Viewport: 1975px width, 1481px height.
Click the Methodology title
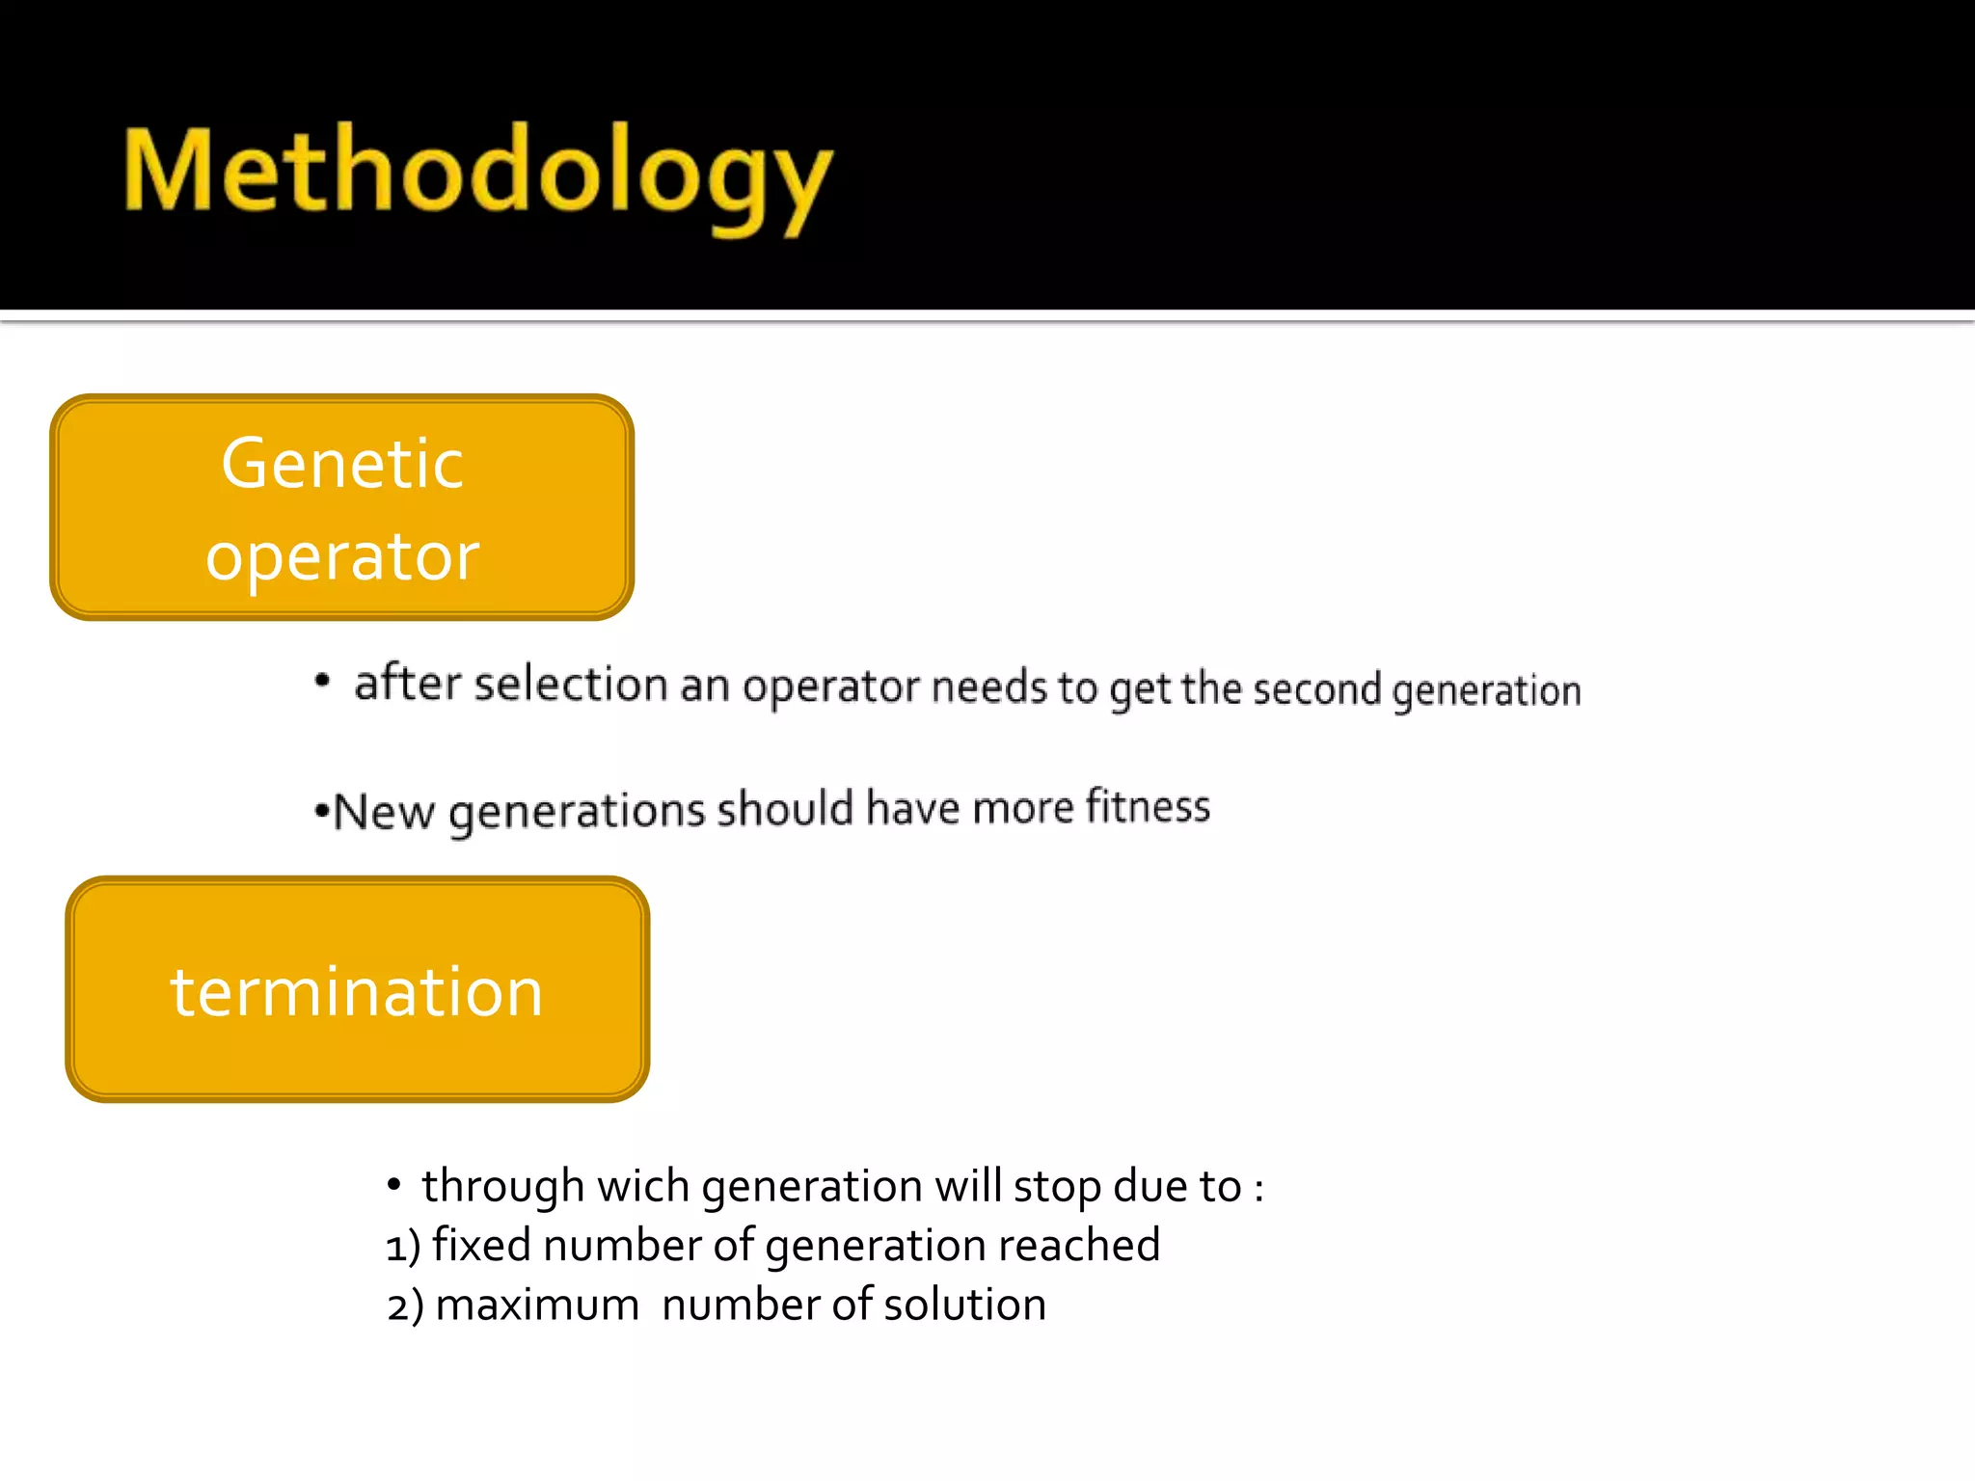[x=477, y=174]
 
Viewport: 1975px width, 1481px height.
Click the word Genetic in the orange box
[x=342, y=464]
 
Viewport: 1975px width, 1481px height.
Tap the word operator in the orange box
[x=342, y=557]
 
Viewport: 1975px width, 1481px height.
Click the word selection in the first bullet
[x=571, y=684]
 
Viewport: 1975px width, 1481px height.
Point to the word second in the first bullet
[x=1316, y=689]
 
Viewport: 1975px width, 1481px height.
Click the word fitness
[x=1148, y=806]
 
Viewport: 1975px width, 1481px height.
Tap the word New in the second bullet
[x=384, y=811]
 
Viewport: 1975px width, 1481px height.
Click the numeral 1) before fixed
[x=403, y=1247]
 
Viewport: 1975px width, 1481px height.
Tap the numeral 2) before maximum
[x=405, y=1306]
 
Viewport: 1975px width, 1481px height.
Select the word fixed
[x=481, y=1245]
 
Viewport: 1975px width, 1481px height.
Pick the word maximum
[x=537, y=1306]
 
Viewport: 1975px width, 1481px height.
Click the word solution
[x=964, y=1305]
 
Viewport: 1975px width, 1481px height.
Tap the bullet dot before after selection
[x=323, y=682]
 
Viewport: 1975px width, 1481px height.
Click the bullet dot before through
[x=393, y=1184]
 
